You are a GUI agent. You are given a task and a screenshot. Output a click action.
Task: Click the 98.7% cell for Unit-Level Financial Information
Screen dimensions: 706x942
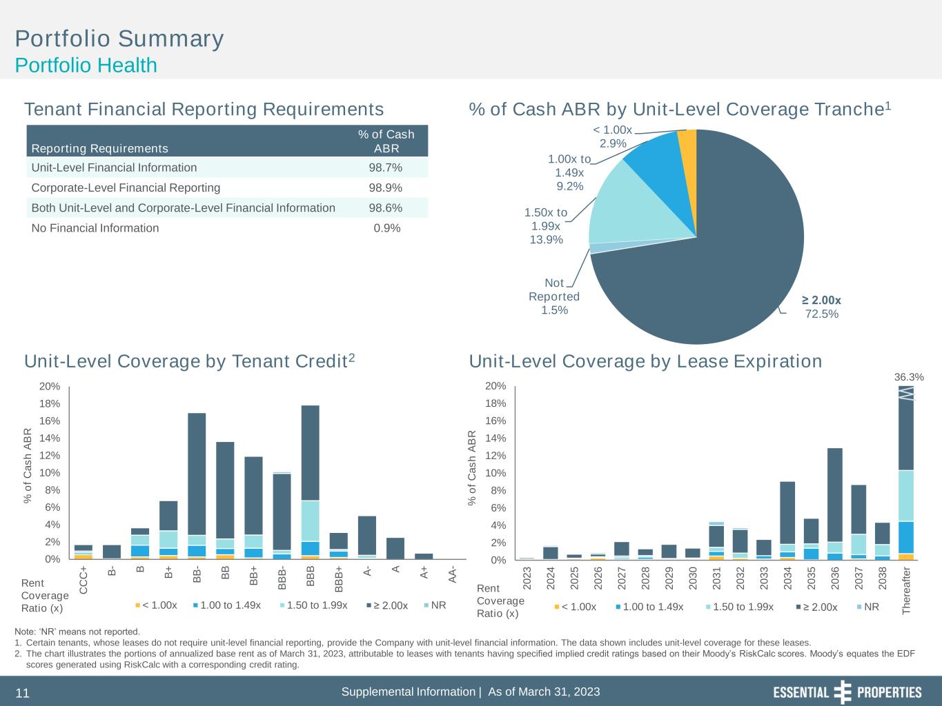click(x=386, y=168)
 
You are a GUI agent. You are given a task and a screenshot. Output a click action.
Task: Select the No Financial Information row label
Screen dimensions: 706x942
click(x=95, y=228)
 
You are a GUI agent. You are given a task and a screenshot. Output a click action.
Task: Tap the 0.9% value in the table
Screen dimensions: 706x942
click(x=386, y=228)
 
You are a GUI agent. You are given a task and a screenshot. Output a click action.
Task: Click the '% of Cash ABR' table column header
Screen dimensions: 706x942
click(x=386, y=141)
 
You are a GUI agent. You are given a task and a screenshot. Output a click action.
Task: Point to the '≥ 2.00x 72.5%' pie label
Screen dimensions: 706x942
click(x=821, y=307)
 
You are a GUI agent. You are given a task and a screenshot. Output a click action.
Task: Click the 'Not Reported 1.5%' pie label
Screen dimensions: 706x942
click(x=554, y=296)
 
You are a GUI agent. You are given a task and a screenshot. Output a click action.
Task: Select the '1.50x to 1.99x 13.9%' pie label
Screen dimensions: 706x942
click(x=545, y=226)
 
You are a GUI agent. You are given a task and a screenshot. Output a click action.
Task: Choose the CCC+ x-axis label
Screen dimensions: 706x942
click(x=84, y=581)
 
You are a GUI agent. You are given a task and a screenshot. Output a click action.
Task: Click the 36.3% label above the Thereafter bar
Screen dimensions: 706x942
click(x=908, y=377)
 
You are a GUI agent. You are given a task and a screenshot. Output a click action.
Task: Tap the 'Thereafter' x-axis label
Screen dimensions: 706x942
click(x=906, y=590)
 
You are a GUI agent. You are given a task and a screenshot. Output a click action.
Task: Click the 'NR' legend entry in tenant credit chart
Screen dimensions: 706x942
click(x=434, y=605)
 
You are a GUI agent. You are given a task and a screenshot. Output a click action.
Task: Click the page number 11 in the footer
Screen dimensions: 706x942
click(x=23, y=694)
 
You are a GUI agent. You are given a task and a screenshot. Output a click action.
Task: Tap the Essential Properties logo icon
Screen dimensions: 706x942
click(x=843, y=692)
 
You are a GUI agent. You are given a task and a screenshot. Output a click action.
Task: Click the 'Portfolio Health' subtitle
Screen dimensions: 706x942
click(x=86, y=65)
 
